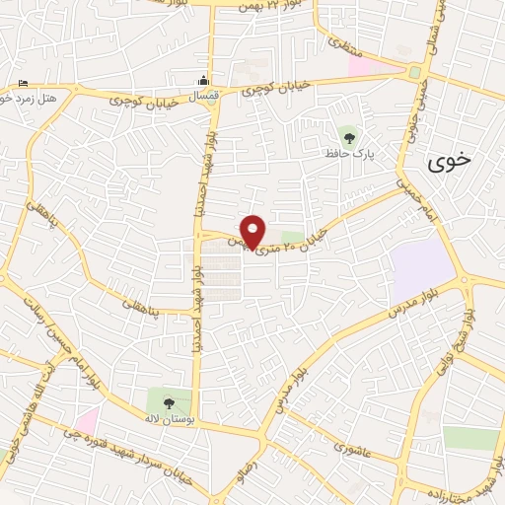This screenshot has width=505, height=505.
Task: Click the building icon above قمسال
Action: tap(203, 80)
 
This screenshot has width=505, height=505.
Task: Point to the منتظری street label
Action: tap(345, 43)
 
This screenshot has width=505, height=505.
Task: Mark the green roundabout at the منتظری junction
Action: tap(414, 73)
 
